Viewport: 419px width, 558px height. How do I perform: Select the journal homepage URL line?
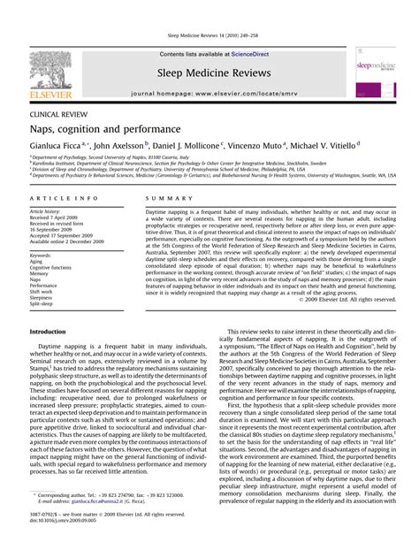[209, 93]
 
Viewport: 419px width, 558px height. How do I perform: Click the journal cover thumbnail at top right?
[376, 73]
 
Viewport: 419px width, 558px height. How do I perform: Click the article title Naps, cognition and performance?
[105, 130]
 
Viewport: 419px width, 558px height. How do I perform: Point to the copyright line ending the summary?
[339, 300]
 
